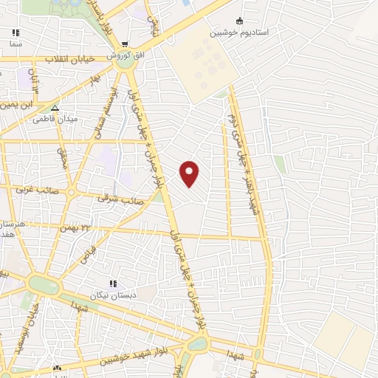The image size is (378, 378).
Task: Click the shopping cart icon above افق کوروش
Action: pos(126,44)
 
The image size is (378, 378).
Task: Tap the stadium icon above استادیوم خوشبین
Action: pos(238,21)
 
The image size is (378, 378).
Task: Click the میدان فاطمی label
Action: pos(55,120)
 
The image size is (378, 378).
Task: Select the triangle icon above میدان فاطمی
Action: pos(55,108)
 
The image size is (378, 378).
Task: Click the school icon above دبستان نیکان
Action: pos(112,284)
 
